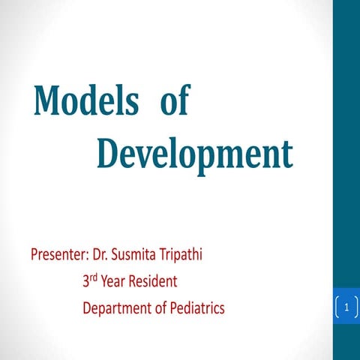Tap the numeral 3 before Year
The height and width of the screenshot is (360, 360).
pyautogui.click(x=86, y=283)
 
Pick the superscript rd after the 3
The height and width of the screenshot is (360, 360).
pyautogui.click(x=95, y=278)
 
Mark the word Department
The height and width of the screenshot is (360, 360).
pyautogui.click(x=115, y=308)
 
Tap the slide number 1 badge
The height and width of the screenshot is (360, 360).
pyautogui.click(x=347, y=307)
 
